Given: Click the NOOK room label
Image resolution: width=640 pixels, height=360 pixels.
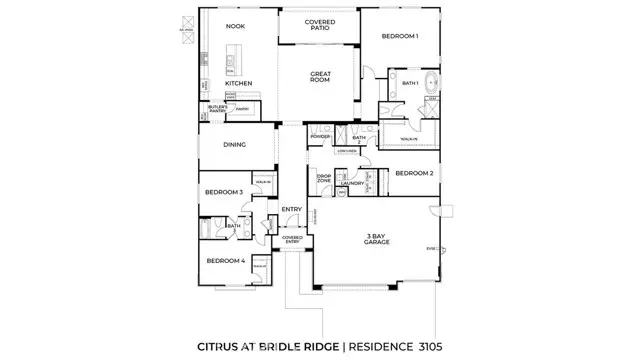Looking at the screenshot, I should [235, 26].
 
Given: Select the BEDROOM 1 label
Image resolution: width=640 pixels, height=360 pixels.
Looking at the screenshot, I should [400, 37].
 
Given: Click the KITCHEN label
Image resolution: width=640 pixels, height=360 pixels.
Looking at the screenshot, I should [237, 83].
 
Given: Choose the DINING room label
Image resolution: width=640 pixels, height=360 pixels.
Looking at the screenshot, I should [235, 144].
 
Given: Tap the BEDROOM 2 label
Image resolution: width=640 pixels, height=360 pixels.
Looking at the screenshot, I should [413, 173].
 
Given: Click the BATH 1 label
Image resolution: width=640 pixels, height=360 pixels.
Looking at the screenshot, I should [410, 83].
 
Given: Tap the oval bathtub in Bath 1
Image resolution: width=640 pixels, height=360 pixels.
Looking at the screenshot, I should [433, 82].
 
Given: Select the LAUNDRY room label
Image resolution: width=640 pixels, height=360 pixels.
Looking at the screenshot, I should [351, 184].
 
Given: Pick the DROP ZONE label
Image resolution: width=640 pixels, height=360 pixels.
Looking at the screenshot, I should [324, 179].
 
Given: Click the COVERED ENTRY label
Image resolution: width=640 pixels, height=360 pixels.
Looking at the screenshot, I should [292, 240].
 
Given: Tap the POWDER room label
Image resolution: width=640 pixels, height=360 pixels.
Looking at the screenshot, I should [320, 136].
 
